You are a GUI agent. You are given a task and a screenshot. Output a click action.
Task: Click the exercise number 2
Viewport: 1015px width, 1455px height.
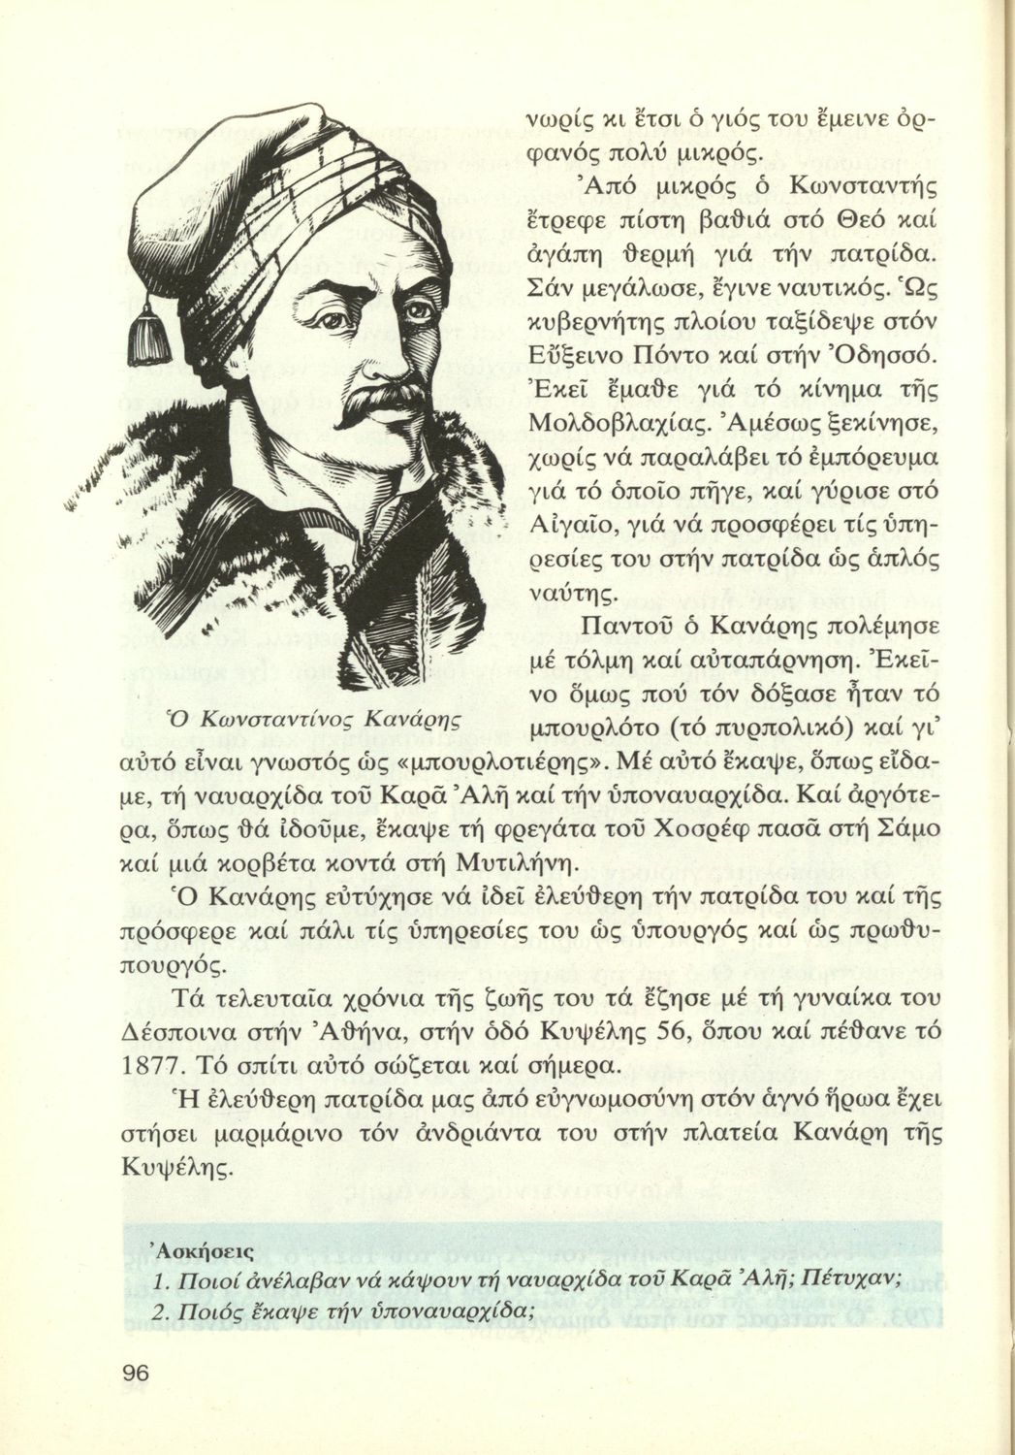(162, 1310)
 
